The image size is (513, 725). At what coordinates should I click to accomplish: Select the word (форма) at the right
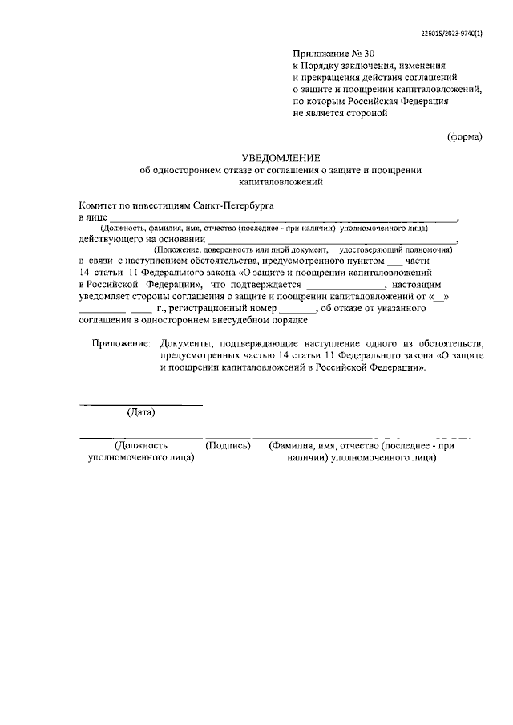click(x=465, y=136)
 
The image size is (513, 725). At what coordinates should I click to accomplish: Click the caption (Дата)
click(x=141, y=413)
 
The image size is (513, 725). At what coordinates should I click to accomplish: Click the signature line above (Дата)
click(x=141, y=403)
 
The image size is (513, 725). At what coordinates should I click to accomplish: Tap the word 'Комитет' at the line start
click(x=97, y=205)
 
